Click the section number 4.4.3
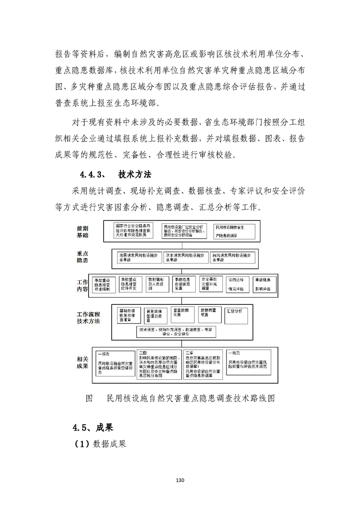(93, 174)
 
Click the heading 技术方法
(134, 174)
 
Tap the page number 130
(180, 480)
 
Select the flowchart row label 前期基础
(83, 232)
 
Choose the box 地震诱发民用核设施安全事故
(137, 257)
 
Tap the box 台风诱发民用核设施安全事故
(233, 257)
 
